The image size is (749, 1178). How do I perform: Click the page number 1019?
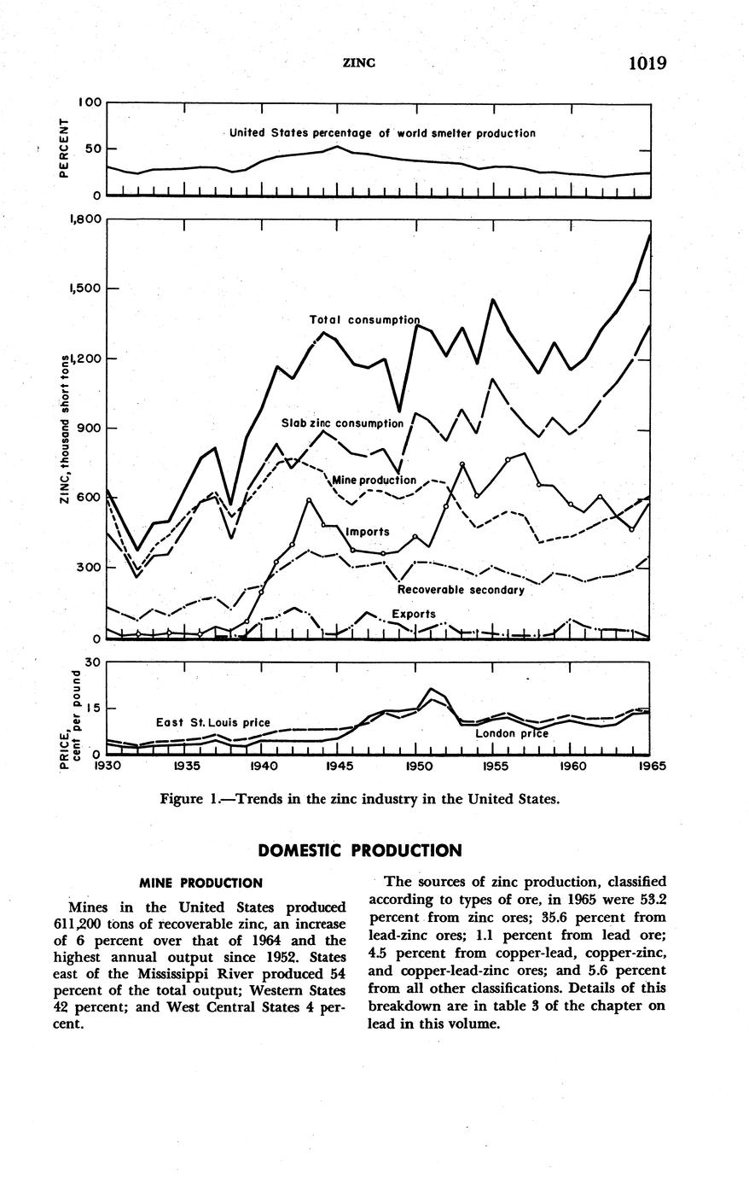click(x=646, y=62)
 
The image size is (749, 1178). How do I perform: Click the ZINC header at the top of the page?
click(x=359, y=63)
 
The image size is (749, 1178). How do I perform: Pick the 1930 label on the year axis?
click(x=108, y=767)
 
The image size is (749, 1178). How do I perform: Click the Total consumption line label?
click(x=364, y=320)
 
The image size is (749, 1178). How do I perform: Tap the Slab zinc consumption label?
click(x=342, y=423)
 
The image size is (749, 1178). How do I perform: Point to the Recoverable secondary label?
click(x=461, y=590)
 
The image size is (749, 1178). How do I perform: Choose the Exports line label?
click(x=413, y=614)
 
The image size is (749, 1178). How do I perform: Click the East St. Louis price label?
click(x=212, y=722)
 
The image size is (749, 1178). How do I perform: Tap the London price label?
click(x=511, y=733)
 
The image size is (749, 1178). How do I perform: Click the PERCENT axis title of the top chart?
click(x=63, y=149)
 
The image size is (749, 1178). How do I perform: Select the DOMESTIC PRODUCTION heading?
click(x=359, y=851)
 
